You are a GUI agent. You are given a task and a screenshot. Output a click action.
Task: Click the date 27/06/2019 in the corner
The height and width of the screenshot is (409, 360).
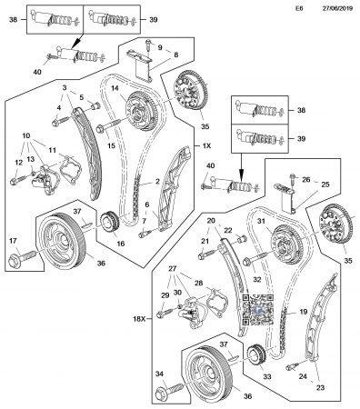coord(337,8)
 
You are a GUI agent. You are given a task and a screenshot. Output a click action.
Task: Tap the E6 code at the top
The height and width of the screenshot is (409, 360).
coord(299,8)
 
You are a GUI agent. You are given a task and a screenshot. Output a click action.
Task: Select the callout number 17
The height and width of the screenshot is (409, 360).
coord(13,241)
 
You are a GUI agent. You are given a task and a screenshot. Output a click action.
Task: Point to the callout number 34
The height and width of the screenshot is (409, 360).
coord(159,374)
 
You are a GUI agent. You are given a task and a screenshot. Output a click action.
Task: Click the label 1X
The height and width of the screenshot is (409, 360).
coord(206,146)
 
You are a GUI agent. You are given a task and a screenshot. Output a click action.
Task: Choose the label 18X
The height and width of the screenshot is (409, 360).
coord(139,319)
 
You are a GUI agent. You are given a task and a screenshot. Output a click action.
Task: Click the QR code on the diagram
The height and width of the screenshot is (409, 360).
coord(258,309)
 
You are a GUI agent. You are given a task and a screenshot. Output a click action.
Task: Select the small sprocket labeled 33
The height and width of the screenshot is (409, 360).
coord(257,357)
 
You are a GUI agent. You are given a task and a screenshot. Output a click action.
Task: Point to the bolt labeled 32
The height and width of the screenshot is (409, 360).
coord(257,257)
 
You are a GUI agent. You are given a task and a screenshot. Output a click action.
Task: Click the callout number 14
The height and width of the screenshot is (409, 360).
coord(115,88)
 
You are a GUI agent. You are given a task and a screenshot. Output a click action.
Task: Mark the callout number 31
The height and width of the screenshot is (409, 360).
coord(261,222)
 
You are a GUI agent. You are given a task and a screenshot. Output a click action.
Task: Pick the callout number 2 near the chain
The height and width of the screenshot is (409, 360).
coord(157,182)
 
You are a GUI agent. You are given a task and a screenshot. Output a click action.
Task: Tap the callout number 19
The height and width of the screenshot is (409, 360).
coord(304,312)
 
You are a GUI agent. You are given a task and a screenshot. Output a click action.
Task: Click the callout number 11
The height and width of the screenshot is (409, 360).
coord(53,150)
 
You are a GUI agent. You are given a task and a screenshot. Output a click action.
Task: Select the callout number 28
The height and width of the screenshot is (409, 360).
coord(198,283)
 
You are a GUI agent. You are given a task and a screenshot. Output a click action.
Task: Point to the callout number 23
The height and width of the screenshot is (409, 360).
coord(320,387)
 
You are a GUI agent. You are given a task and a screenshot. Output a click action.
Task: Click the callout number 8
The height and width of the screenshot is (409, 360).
coord(176,55)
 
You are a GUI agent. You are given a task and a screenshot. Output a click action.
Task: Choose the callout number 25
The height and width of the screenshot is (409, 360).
coord(325,185)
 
